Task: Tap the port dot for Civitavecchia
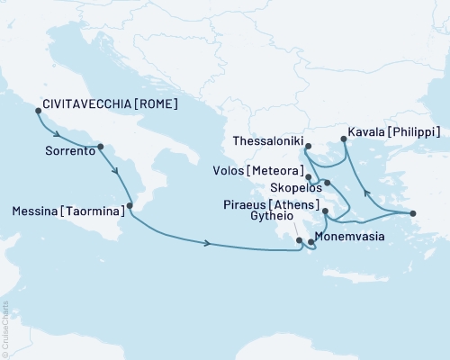click(x=38, y=111)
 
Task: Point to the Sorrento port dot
click(x=100, y=147)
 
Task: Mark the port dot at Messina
click(x=130, y=206)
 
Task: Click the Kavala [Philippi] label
click(x=396, y=131)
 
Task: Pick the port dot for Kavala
click(x=342, y=139)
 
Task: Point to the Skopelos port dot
click(x=328, y=183)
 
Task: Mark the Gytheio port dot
click(x=300, y=240)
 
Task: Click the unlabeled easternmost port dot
click(x=412, y=213)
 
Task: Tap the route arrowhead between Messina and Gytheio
click(x=209, y=243)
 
